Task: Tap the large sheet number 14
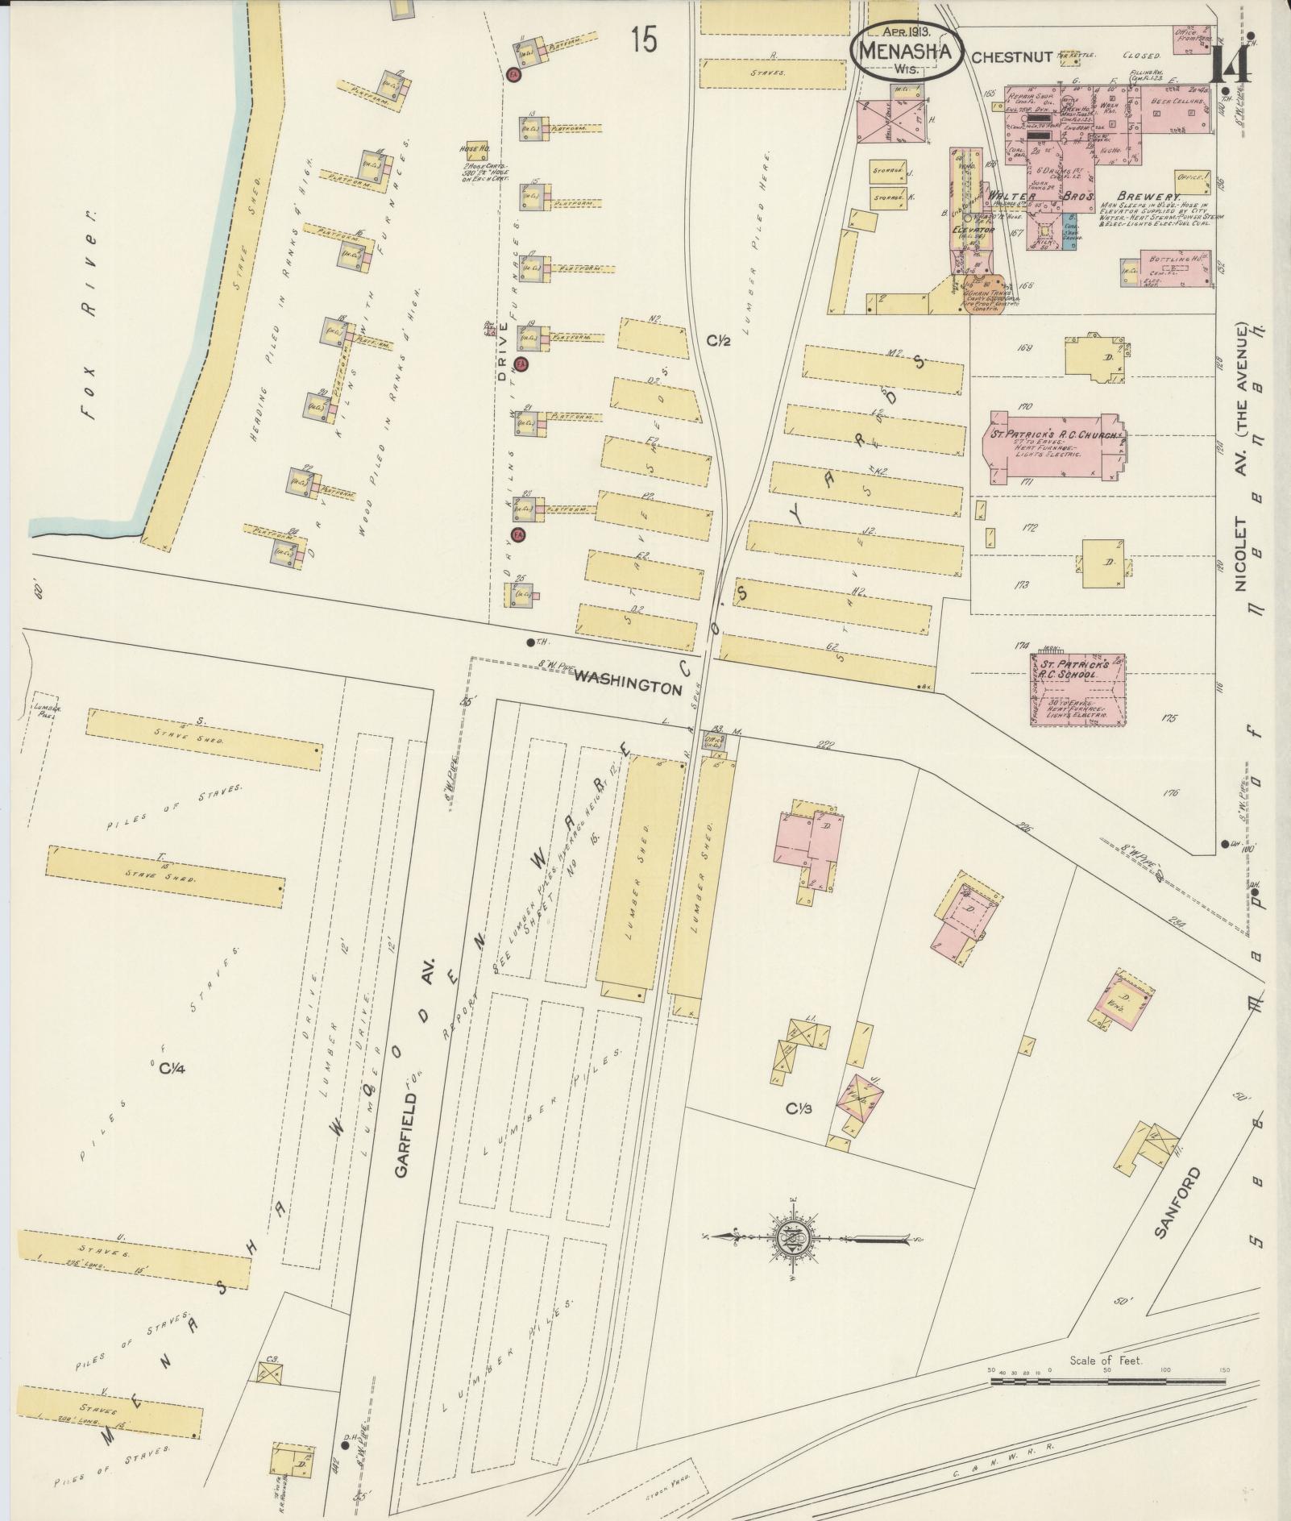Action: (x=1230, y=64)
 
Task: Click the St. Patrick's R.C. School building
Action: (x=1077, y=688)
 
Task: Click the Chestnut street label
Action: (x=1012, y=57)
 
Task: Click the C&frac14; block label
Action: (x=172, y=1069)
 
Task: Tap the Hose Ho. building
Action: (x=475, y=151)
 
